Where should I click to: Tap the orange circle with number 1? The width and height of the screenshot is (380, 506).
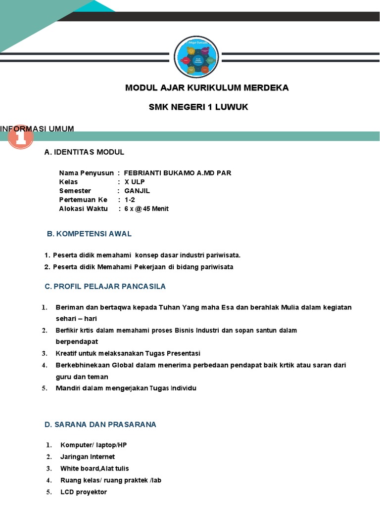(x=20, y=139)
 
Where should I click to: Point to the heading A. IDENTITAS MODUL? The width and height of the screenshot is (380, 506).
(x=84, y=152)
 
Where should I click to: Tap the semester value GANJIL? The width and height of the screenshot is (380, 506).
(x=137, y=191)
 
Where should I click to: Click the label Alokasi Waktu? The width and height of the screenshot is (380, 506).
(x=83, y=209)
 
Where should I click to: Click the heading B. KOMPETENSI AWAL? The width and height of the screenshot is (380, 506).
(x=89, y=234)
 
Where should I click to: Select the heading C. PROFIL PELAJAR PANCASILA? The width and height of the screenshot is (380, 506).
(x=105, y=286)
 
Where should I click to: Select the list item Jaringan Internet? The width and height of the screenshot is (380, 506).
(x=88, y=457)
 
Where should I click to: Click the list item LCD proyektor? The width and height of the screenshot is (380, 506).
(x=84, y=492)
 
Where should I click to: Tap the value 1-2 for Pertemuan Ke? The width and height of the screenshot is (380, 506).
(x=130, y=200)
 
